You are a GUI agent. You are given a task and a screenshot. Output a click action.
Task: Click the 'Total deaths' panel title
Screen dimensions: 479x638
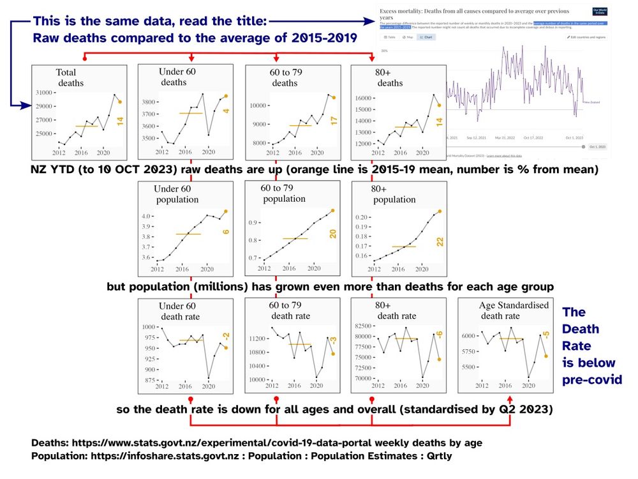point(70,78)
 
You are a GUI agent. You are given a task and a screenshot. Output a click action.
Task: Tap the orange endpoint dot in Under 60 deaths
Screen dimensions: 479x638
point(226,96)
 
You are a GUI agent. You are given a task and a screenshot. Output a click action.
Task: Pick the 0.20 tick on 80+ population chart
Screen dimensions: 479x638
point(362,217)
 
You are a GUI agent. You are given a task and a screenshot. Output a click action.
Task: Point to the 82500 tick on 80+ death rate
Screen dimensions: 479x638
point(363,326)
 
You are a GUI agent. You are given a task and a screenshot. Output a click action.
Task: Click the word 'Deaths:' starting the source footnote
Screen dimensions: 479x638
point(50,443)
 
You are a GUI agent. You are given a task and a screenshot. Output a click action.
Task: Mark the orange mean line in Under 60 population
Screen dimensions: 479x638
point(188,234)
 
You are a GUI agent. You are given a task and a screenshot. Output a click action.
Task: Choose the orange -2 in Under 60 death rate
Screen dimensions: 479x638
point(226,336)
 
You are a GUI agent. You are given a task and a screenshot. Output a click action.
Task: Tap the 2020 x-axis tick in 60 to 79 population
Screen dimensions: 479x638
point(314,269)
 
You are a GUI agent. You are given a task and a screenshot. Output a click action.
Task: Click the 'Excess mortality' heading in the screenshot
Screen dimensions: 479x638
point(401,11)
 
